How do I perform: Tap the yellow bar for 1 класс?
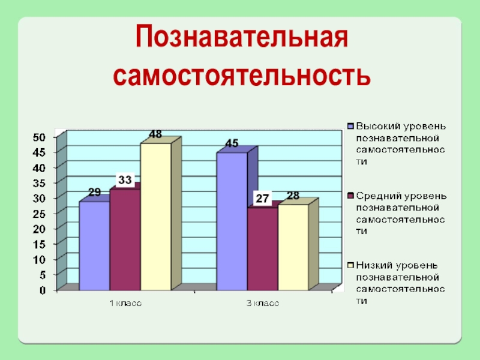click(x=155, y=216)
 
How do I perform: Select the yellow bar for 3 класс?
click(x=293, y=247)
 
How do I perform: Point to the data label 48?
click(x=155, y=135)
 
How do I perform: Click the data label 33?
click(x=125, y=179)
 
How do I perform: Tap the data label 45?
click(x=232, y=143)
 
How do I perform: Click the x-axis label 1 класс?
click(x=125, y=304)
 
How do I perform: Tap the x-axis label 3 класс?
click(x=262, y=304)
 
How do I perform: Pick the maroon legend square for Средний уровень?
click(x=350, y=196)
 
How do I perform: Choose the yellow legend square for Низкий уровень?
click(x=350, y=265)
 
